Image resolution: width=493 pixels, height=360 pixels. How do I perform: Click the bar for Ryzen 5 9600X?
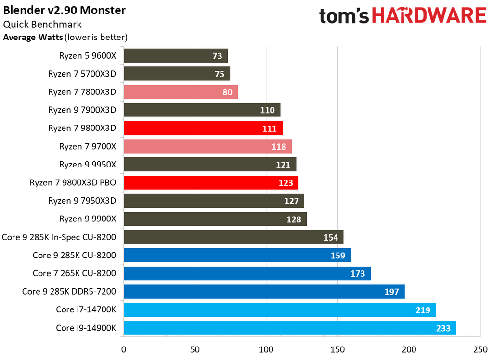176,56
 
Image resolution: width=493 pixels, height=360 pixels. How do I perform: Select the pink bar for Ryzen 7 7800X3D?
181,92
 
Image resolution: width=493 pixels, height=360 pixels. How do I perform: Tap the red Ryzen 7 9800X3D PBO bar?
211,183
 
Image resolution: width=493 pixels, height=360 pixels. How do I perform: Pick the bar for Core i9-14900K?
290,328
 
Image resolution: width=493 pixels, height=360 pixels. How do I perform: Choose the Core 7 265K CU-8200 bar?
247,273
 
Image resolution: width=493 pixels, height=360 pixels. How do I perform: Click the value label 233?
442,328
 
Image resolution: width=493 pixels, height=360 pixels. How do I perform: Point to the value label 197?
391,292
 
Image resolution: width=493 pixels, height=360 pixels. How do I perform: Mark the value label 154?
330,237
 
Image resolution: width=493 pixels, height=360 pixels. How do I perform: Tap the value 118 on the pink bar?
278,147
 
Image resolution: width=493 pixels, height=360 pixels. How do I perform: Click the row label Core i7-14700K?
86,310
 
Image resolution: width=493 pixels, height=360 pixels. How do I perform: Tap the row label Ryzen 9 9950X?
88,165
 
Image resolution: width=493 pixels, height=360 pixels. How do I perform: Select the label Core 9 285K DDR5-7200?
69,292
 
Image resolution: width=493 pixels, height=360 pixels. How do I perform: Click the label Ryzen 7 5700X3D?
82,74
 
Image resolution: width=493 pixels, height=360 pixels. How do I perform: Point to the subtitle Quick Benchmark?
42,25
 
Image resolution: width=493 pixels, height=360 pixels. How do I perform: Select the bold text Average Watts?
33,37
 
